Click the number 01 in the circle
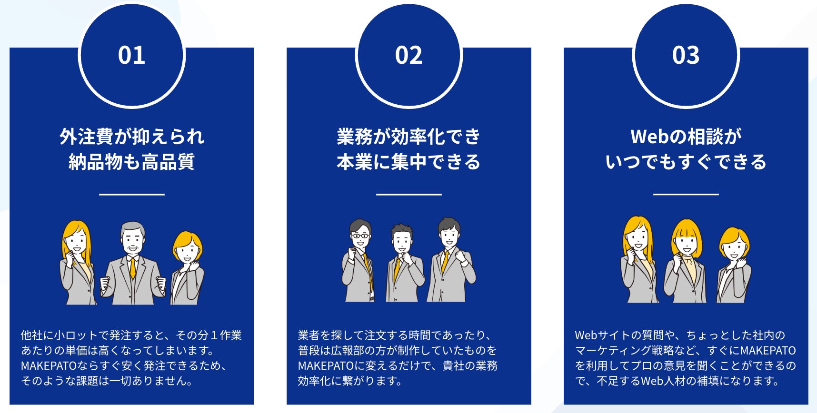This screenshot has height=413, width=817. [131, 55]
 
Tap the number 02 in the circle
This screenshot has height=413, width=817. [408, 55]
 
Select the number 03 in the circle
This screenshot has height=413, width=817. [686, 55]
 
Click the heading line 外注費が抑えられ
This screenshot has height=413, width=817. [132, 137]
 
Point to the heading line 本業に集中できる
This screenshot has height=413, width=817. [408, 162]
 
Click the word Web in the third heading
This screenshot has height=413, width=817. [650, 137]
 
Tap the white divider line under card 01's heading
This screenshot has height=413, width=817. [132, 194]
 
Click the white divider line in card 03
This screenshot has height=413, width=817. [686, 194]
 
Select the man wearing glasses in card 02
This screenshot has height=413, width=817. [358, 261]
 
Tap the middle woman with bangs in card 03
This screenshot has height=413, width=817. [686, 261]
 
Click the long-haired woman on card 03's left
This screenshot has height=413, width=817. [639, 260]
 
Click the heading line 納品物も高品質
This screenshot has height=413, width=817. [132, 162]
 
